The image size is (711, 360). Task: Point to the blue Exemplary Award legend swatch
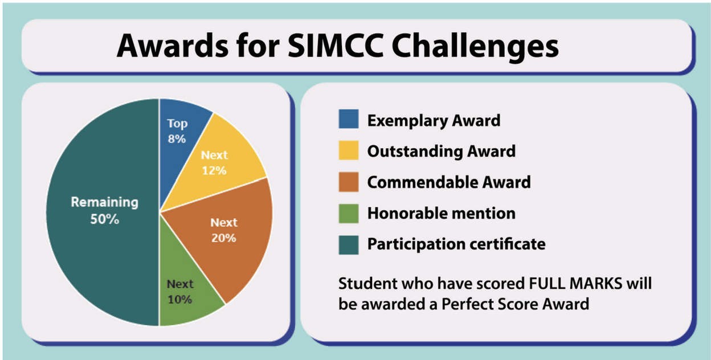point(349,119)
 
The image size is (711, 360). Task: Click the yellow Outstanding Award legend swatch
point(349,150)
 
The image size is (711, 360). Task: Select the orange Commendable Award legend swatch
point(349,182)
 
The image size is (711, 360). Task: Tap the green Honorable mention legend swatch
point(349,214)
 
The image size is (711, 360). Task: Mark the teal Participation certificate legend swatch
point(349,245)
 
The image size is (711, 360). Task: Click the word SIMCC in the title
point(335,46)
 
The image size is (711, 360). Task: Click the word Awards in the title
point(173,46)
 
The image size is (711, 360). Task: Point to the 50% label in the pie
point(104,219)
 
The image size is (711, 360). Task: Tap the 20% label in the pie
point(224,238)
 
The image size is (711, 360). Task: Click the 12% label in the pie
point(214,170)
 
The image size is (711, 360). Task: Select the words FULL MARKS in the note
point(575,283)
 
